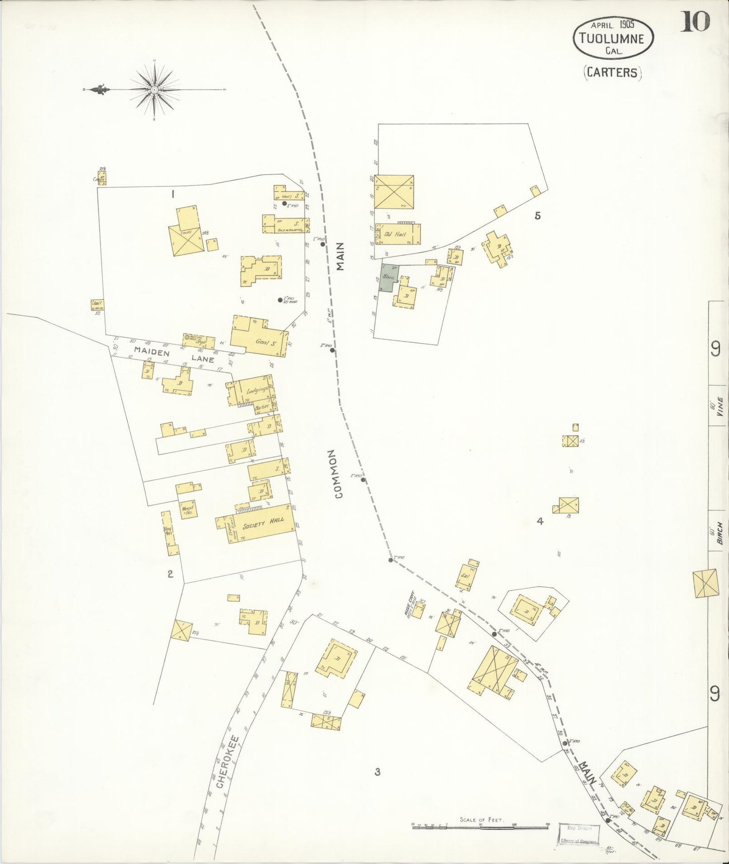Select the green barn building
[388, 277]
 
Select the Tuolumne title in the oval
[613, 38]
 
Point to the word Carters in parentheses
[612, 72]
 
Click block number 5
[537, 216]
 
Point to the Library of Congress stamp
[578, 834]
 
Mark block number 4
[540, 521]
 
